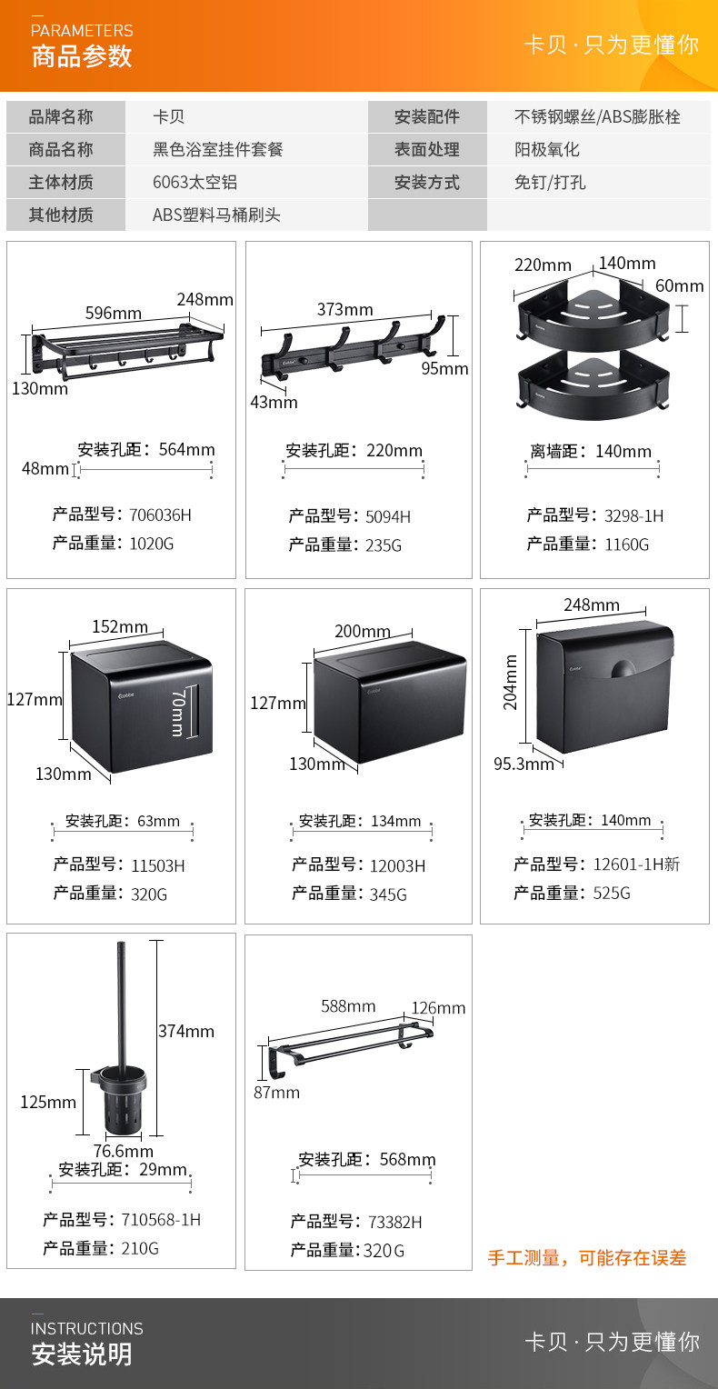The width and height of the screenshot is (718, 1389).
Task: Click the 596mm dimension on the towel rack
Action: tap(113, 313)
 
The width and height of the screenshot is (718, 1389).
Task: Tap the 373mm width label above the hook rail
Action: tap(344, 310)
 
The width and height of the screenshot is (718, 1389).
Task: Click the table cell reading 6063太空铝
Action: tap(194, 182)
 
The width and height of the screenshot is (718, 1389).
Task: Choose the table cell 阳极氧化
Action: tap(547, 149)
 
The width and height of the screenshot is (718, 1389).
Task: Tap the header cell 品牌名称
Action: tap(61, 116)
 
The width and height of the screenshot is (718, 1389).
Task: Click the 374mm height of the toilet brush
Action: tap(186, 1031)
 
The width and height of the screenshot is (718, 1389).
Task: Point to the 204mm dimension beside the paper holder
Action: tap(511, 682)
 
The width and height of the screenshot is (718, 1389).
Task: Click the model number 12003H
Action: tap(397, 866)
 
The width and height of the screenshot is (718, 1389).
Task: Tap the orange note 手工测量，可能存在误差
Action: tap(587, 1258)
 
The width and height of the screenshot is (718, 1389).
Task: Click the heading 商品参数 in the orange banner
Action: tap(82, 56)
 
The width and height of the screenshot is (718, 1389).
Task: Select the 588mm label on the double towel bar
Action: tap(348, 1006)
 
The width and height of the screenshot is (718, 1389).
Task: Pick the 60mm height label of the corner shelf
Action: tap(680, 286)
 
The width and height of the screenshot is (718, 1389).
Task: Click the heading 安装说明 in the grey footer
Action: tap(82, 1354)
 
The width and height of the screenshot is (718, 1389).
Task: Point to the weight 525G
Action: tap(612, 894)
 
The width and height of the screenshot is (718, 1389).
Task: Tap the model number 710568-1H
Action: tap(161, 1220)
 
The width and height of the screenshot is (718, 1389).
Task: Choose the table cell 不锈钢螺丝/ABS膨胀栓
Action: tap(597, 116)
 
